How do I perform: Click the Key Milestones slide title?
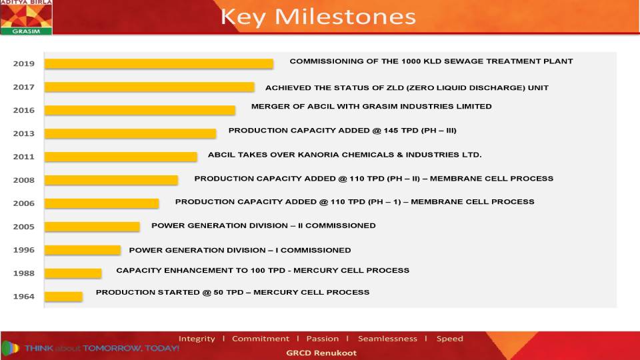pos(318,17)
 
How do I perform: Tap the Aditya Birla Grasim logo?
pos(26,17)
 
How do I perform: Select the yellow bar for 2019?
pos(159,64)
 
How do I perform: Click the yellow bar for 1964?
pos(63,297)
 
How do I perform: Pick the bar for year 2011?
pos(121,157)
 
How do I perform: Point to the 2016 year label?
pos(24,110)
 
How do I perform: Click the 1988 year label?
pos(24,273)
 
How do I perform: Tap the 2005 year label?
pos(24,227)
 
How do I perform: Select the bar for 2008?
pos(111,180)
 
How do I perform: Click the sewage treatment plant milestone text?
pos(431,61)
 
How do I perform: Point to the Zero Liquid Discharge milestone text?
pos(407,88)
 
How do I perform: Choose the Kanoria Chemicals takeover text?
pos(345,155)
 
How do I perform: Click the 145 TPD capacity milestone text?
pos(343,131)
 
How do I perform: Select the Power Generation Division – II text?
pos(263,226)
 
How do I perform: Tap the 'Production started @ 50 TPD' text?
pos(233,292)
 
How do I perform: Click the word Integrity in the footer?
pos(197,339)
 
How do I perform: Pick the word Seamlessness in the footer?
pos(388,339)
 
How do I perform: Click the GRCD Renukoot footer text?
pos(321,353)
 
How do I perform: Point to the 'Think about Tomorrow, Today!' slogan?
pos(101,348)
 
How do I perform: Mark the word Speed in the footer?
pos(450,339)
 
